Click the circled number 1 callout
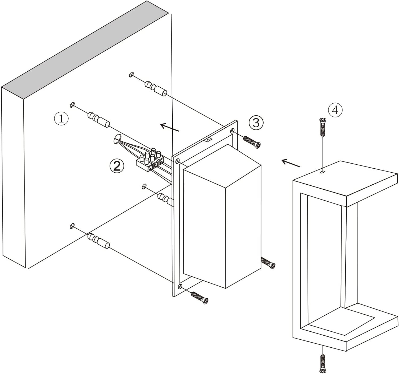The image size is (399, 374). (x=61, y=118)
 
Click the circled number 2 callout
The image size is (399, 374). (x=117, y=166)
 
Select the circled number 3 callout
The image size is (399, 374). (x=256, y=123)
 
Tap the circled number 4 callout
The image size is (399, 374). (x=335, y=110)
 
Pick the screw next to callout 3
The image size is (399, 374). (x=252, y=141)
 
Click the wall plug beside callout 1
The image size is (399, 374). (x=99, y=119)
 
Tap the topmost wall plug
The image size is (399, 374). (x=156, y=88)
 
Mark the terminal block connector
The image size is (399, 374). (x=150, y=161)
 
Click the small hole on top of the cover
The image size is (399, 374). (x=322, y=172)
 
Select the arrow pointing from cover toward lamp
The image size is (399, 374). (x=291, y=163)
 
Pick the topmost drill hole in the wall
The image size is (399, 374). (x=131, y=74)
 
